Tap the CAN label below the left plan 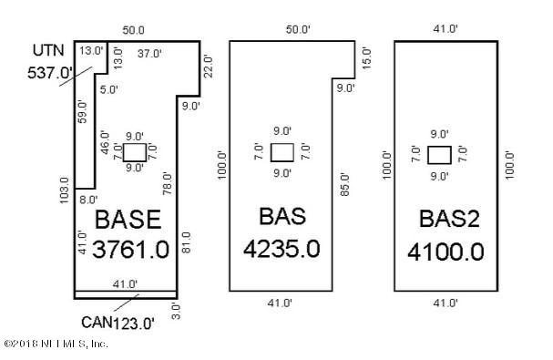pos(96,321)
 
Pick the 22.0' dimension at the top pos(208,66)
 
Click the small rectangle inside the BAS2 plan pos(439,153)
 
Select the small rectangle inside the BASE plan pos(134,151)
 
